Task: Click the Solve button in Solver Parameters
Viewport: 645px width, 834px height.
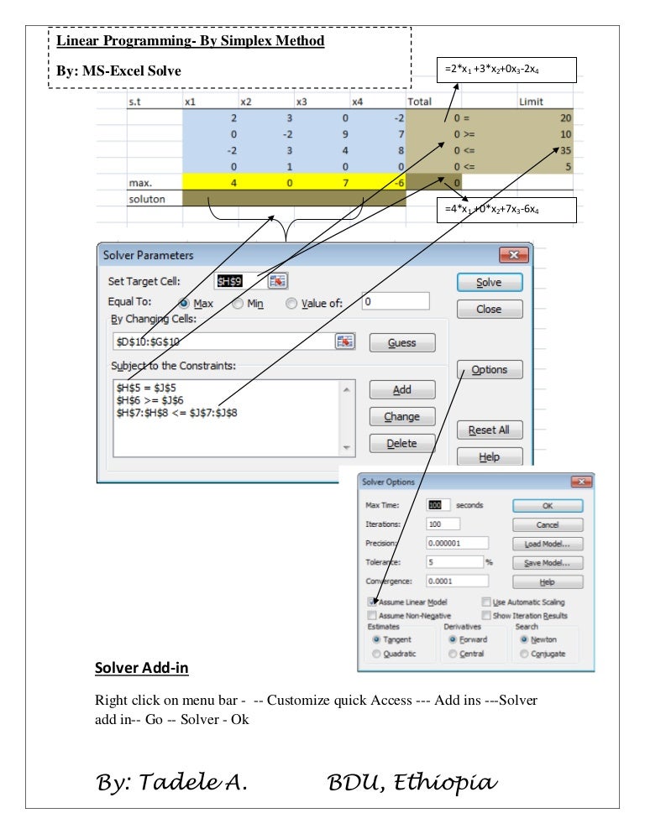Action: coord(489,283)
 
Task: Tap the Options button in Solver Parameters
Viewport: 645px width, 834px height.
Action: coord(489,369)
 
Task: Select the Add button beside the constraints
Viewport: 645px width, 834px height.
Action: coord(401,390)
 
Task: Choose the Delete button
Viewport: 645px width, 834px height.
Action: coord(401,443)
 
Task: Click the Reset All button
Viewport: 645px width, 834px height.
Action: coord(489,430)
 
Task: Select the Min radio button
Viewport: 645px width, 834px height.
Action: coord(239,304)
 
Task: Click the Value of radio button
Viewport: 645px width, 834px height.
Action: coord(291,304)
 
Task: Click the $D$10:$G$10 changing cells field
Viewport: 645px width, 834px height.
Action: coord(223,341)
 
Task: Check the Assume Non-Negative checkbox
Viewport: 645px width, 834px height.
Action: coord(371,615)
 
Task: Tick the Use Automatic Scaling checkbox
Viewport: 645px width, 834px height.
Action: coord(486,602)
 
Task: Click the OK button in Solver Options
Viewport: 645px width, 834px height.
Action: coord(547,506)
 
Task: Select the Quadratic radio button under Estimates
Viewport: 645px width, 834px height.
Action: coord(376,654)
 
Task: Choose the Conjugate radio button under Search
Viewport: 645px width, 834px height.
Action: coord(526,654)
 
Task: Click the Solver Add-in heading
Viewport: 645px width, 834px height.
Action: coord(141,669)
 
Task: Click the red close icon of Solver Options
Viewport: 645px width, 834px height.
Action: coord(580,482)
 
